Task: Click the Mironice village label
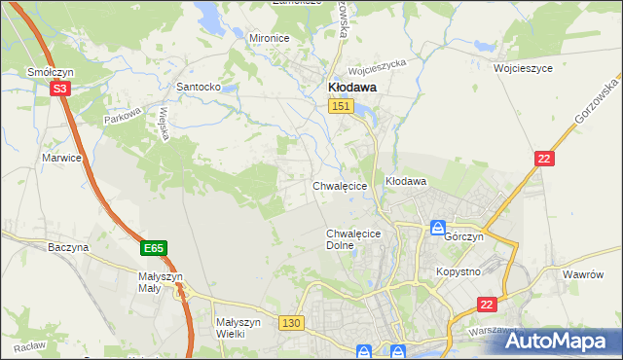point(270,38)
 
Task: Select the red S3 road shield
point(60,89)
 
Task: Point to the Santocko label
point(198,87)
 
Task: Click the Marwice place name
point(60,157)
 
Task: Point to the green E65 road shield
point(153,249)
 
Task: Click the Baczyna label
point(68,247)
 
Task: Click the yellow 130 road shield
point(289,322)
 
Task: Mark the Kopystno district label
point(458,271)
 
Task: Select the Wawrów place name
point(585,274)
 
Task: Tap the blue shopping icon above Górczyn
point(439,227)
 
